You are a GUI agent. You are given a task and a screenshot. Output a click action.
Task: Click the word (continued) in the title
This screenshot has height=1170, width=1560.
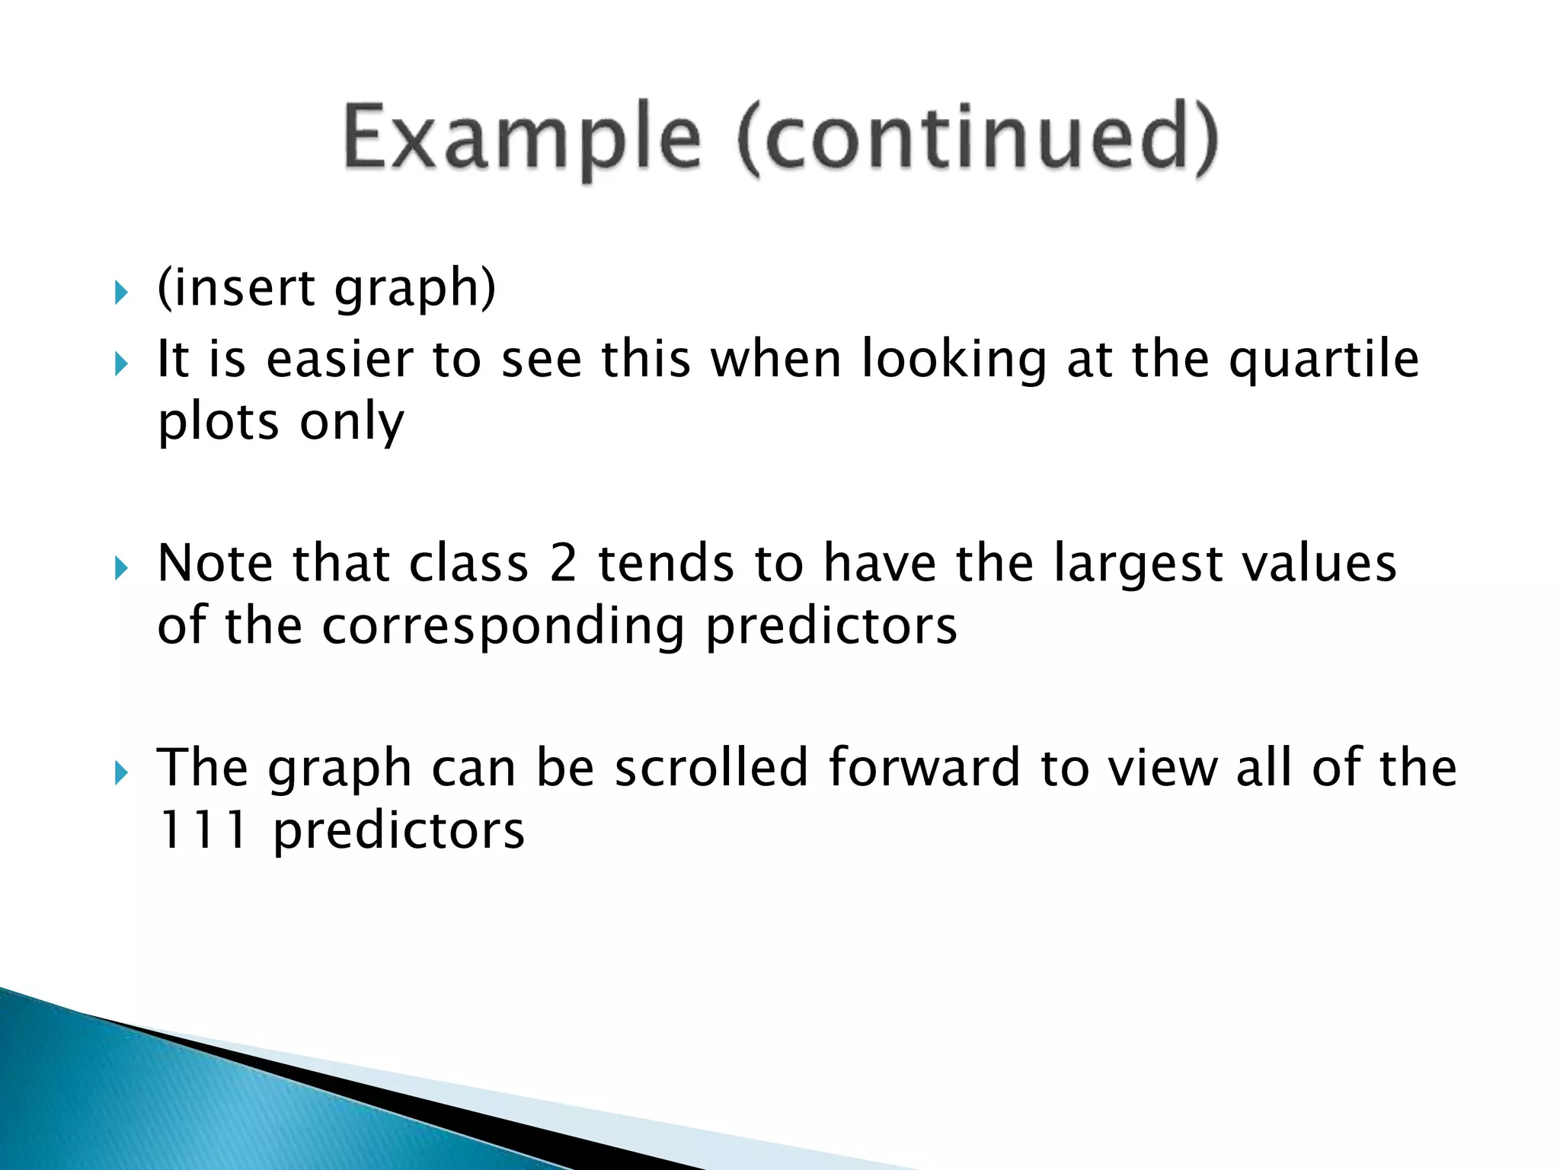tap(978, 139)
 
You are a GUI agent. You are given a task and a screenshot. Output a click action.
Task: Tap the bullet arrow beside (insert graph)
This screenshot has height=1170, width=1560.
tap(121, 292)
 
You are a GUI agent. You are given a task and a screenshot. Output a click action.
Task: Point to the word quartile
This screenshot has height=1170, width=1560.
tap(1324, 360)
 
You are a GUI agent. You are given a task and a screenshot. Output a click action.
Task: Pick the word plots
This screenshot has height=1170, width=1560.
tap(218, 423)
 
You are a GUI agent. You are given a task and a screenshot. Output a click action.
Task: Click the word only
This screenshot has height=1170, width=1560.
tap(351, 423)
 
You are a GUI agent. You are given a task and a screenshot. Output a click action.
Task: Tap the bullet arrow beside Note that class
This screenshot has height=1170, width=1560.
tap(121, 568)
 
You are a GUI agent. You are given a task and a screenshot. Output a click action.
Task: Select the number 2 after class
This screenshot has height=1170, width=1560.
tap(563, 564)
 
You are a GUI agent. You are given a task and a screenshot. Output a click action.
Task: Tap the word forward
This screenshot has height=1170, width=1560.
tap(924, 767)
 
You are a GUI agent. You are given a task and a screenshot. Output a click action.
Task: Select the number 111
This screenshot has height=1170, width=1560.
tap(203, 830)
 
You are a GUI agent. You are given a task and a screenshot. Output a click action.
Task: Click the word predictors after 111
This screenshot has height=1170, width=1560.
tap(398, 831)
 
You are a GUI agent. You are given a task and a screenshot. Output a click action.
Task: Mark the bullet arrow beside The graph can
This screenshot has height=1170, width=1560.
tap(121, 773)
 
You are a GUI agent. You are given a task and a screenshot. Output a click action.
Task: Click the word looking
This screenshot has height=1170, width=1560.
tap(954, 360)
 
